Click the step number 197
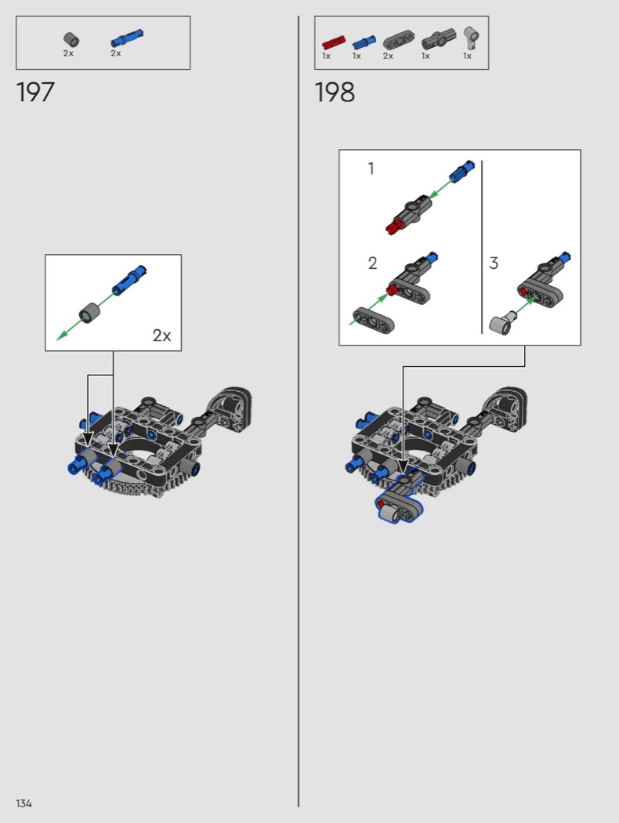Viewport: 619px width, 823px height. pyautogui.click(x=35, y=92)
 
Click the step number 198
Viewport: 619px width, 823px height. pyautogui.click(x=335, y=92)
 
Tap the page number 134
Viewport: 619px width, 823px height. pyautogui.click(x=24, y=803)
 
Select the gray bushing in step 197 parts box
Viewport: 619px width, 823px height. pyautogui.click(x=71, y=39)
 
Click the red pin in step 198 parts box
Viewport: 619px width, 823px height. pyautogui.click(x=334, y=42)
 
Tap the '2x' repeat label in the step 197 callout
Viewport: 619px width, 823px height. pyautogui.click(x=161, y=335)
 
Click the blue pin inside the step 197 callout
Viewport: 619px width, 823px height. pyautogui.click(x=129, y=279)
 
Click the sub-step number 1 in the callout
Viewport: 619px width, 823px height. pyautogui.click(x=371, y=169)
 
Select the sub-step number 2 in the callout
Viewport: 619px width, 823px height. pyautogui.click(x=372, y=263)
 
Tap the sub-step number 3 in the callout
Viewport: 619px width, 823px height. pyautogui.click(x=494, y=263)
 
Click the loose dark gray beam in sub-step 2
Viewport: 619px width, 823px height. pyautogui.click(x=372, y=321)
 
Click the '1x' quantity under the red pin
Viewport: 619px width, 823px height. pyautogui.click(x=326, y=56)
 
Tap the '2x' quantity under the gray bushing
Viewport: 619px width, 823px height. pyautogui.click(x=68, y=53)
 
